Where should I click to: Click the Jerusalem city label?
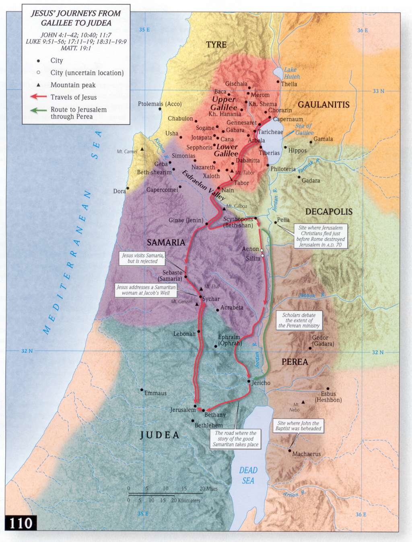pos(183,410)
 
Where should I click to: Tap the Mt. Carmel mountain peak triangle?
pos(142,150)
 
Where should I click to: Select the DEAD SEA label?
pos(248,475)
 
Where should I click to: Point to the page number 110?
pos(21,523)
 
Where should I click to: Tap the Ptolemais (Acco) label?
pos(160,104)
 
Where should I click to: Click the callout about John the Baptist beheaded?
pos(298,426)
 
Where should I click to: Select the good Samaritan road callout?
pos(235,439)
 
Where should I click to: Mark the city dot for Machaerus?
pos(289,451)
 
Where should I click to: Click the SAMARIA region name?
pos(166,242)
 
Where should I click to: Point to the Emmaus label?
pos(155,393)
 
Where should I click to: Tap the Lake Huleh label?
pos(292,73)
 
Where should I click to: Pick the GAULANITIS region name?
pos(323,105)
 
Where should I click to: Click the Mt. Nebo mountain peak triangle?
pos(303,402)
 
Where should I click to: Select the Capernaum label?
pos(288,119)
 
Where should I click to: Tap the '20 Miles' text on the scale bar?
pos(208,489)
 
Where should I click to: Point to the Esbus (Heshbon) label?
pos(328,397)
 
